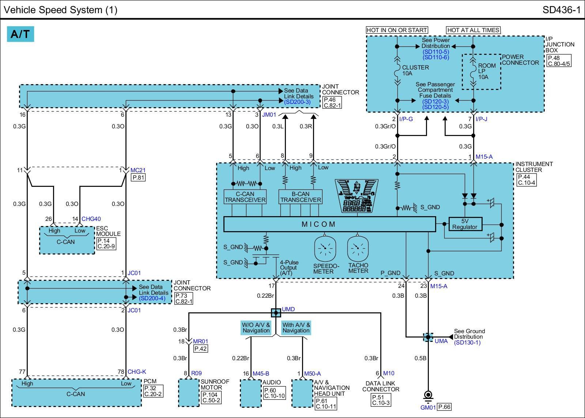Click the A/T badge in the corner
click(20, 34)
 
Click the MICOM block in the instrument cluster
click(329, 224)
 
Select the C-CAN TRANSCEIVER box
click(245, 197)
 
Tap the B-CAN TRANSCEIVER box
click(300, 197)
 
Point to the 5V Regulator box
click(465, 224)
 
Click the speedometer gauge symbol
click(325, 248)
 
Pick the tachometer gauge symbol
click(358, 248)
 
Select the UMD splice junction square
click(276, 313)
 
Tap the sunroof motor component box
click(189, 393)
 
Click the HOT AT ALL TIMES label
click(473, 30)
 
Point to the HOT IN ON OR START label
click(397, 30)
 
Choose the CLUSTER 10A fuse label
click(415, 70)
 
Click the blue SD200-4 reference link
click(152, 298)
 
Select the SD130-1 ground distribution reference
click(467, 343)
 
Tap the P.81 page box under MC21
click(139, 178)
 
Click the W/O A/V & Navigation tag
click(256, 328)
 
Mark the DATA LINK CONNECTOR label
click(381, 387)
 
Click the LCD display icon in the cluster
click(356, 195)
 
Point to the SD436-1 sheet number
click(562, 10)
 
